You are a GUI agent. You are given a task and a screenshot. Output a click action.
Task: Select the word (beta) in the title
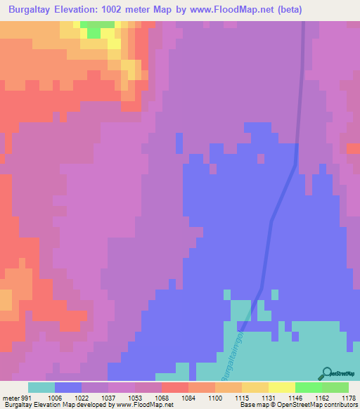click(330, 10)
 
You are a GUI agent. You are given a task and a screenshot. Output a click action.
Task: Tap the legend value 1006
click(54, 397)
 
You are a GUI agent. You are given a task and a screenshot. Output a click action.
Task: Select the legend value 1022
click(82, 397)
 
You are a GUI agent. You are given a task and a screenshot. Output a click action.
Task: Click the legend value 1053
click(135, 397)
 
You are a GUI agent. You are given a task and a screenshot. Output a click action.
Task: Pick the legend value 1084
click(189, 397)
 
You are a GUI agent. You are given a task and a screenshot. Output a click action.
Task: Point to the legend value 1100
click(216, 397)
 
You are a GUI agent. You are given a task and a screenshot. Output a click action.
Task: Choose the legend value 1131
click(269, 397)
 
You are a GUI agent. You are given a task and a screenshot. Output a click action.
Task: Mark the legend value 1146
click(296, 397)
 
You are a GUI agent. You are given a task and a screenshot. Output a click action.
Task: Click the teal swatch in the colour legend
click(41, 387)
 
